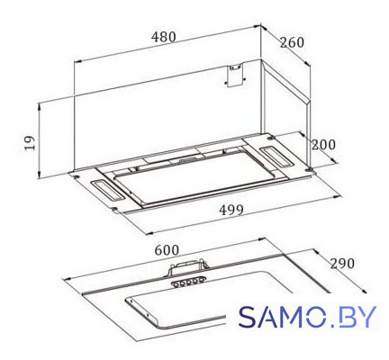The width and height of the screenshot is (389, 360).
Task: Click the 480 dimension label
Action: tap(163, 37)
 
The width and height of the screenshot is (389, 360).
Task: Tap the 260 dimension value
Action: tap(292, 42)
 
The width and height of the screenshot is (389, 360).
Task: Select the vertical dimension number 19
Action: tap(30, 142)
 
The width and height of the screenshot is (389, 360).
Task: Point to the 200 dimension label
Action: tap(323, 145)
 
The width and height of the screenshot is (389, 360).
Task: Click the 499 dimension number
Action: tap(231, 210)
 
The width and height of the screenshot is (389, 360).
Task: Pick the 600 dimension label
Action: tap(167, 250)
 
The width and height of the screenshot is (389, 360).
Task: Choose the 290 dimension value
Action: tap(342, 264)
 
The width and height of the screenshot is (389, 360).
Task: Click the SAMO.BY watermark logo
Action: tap(307, 317)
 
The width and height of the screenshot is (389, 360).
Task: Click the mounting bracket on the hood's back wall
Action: tap(235, 76)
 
